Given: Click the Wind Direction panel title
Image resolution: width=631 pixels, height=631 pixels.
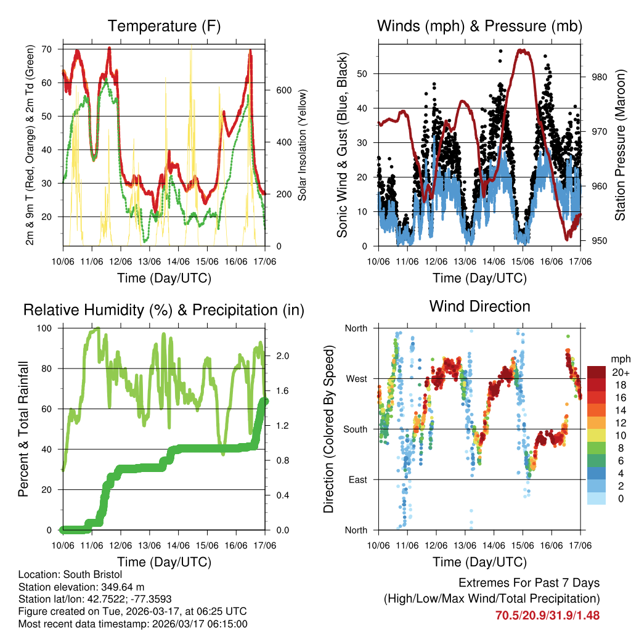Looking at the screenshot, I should click(x=479, y=306).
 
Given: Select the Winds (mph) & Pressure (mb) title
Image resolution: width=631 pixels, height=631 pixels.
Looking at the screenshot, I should click(x=479, y=26).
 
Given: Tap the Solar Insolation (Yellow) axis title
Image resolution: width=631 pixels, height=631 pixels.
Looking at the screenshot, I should click(x=302, y=145).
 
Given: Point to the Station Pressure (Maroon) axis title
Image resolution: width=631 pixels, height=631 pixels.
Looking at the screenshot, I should click(x=620, y=145).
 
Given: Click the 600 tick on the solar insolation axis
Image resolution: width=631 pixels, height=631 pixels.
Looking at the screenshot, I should click(x=283, y=90).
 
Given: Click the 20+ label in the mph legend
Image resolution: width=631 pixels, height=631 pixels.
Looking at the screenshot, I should click(x=621, y=372).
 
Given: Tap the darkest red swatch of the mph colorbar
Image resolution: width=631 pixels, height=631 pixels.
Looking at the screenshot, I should click(x=596, y=372).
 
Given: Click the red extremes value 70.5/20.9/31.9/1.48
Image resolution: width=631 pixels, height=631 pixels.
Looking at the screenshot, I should click(x=547, y=615).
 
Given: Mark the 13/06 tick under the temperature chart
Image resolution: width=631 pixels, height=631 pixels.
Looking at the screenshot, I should click(x=149, y=261).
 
